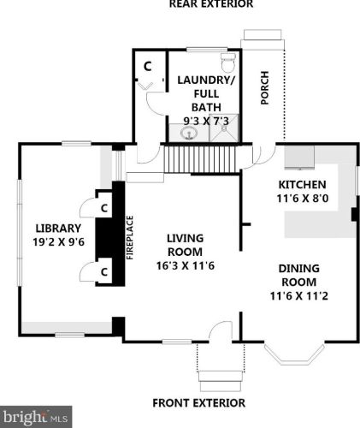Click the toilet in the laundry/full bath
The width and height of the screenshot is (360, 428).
pos(228,62)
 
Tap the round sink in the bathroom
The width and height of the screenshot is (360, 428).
pos(188,133)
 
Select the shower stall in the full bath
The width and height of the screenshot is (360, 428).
pos(224,128)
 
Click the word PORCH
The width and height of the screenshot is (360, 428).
pos(265,88)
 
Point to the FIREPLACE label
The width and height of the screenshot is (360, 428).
pos(130,238)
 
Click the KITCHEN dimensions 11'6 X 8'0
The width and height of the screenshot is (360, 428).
pos(303,198)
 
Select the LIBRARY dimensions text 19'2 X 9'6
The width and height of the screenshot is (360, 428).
pos(59,242)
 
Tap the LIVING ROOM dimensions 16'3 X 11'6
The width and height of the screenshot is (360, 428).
pos(186,265)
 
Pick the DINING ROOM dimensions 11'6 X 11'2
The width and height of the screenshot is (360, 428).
pos(299,296)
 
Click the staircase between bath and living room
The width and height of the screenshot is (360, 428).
pos(201,159)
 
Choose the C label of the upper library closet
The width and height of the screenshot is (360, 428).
pos(104,208)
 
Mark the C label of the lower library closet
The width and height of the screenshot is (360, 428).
pos(104,272)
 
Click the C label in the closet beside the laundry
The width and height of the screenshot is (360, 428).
pos(147,66)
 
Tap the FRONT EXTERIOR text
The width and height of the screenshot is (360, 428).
pos(199,403)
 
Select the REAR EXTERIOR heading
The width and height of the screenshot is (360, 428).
pos(211,4)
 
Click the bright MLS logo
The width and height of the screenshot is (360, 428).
pos(35,417)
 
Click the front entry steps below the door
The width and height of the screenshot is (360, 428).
pos(221,381)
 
